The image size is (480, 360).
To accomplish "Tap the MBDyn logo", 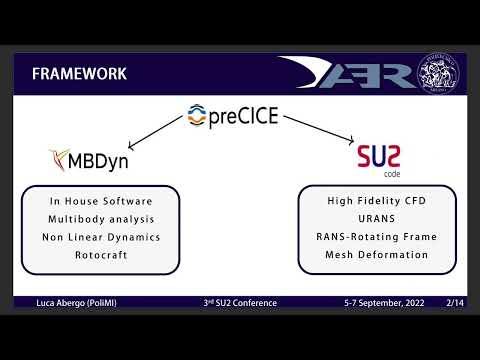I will pos(92,158).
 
